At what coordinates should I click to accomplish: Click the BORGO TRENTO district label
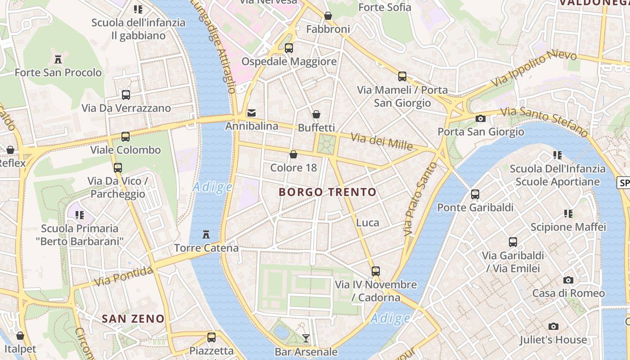[327, 192]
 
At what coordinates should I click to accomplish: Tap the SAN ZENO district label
[133, 319]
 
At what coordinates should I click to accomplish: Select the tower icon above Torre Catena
[206, 234]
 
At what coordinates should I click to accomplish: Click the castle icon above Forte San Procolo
[58, 59]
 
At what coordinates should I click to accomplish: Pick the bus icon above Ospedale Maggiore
[289, 48]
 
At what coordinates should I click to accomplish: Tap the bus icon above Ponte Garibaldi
[475, 194]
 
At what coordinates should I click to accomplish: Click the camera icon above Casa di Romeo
[568, 280]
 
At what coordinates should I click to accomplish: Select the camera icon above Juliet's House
[553, 326]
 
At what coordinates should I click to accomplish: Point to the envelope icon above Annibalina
[252, 112]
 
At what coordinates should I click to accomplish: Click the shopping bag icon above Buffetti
[316, 114]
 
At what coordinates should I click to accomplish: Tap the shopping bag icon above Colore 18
[293, 154]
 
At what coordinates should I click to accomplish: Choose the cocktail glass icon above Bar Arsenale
[306, 338]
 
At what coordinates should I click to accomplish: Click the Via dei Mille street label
[381, 142]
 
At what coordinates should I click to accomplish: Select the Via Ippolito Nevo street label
[534, 69]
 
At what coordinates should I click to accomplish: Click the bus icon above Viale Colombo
[126, 136]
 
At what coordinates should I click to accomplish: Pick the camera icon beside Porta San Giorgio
[481, 118]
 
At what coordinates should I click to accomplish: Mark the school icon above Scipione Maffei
[568, 214]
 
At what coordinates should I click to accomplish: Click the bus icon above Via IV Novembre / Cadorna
[376, 271]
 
